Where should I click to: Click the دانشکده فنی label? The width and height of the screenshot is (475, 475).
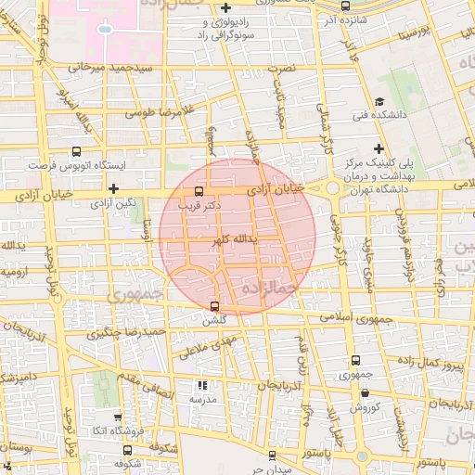pos(379,115)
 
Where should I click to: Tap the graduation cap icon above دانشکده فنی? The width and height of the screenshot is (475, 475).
pos(379,102)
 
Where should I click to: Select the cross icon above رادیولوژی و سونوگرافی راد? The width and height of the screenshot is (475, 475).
pos(226,8)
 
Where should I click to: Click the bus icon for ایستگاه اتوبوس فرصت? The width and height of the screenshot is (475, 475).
pos(75,149)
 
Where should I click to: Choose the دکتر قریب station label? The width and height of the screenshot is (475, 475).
pos(203,207)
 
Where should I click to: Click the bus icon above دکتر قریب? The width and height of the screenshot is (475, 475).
pos(199,192)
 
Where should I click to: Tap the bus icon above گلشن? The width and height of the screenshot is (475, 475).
pos(215,306)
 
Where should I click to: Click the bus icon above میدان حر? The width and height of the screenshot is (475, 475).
pos(272,455)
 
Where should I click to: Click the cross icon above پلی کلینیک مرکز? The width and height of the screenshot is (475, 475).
pos(379,148)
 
